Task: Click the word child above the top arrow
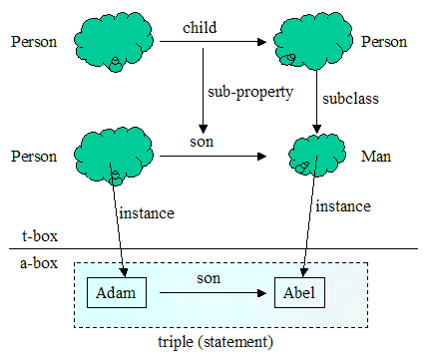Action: click(198, 29)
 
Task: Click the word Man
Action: click(378, 157)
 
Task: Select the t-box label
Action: click(39, 237)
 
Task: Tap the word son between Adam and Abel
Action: click(208, 279)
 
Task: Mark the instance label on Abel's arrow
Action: click(342, 206)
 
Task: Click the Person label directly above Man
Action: click(385, 42)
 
